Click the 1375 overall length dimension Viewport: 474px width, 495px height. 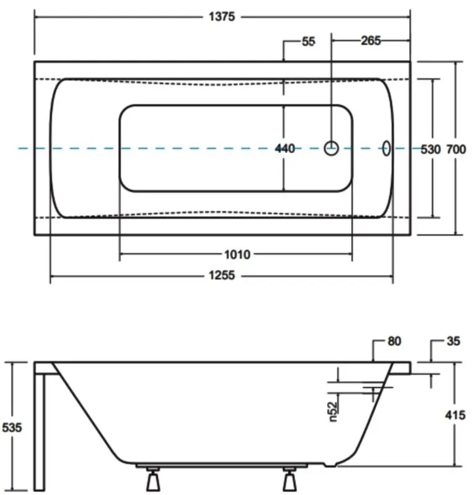[x=221, y=17]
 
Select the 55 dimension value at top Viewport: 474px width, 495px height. [x=309, y=42]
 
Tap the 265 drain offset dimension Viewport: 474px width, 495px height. [x=370, y=41]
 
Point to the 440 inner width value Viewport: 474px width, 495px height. [x=284, y=148]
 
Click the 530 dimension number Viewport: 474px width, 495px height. [x=431, y=149]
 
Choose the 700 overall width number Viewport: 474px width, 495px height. [x=455, y=149]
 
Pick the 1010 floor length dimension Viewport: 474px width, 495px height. [x=236, y=255]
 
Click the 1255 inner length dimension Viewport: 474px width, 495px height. [x=221, y=277]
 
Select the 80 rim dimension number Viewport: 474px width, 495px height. [x=395, y=341]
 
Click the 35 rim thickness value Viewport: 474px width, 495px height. [x=452, y=341]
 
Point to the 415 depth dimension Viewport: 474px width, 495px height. [x=455, y=416]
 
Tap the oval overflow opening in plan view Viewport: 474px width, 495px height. [x=387, y=148]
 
